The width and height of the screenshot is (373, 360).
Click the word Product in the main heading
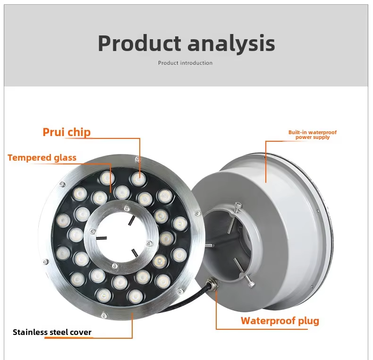pyautogui.click(x=139, y=43)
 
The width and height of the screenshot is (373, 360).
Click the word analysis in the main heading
pyautogui.click(x=231, y=43)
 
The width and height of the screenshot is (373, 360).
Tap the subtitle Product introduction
pyautogui.click(x=185, y=63)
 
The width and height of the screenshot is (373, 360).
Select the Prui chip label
pyautogui.click(x=67, y=132)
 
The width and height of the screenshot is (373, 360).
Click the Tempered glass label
pyautogui.click(x=42, y=158)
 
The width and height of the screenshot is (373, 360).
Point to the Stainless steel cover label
pyautogui.click(x=52, y=332)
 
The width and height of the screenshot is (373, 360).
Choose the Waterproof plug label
pyautogui.click(x=280, y=321)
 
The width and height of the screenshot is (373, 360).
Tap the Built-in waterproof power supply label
pyautogui.click(x=313, y=135)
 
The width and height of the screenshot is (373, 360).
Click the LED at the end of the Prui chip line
pyautogui.click(x=139, y=179)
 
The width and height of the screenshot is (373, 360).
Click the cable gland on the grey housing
pyautogui.click(x=212, y=283)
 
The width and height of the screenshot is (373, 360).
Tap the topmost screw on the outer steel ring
pyautogui.click(x=137, y=159)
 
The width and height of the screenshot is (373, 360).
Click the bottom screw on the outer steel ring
pyautogui.click(x=104, y=316)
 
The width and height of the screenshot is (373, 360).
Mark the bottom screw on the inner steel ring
pyautogui.click(x=115, y=266)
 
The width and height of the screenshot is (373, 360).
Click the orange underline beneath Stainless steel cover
pyautogui.click(x=69, y=338)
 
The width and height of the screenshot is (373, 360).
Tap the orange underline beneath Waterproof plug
pyautogui.click(x=262, y=329)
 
